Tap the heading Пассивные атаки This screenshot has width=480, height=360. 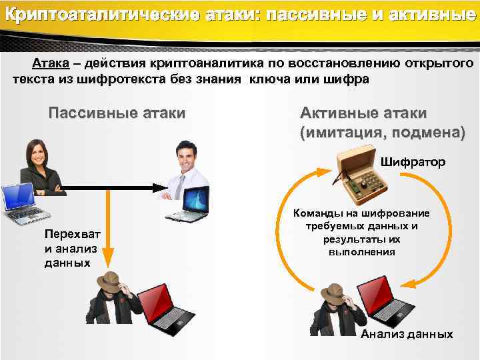coord(117,113)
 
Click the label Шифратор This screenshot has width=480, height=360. coord(413,162)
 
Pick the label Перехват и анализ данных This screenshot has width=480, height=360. coord(71,248)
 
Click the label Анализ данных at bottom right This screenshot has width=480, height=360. coord(407,334)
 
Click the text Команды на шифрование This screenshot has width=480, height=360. coord(361,213)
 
